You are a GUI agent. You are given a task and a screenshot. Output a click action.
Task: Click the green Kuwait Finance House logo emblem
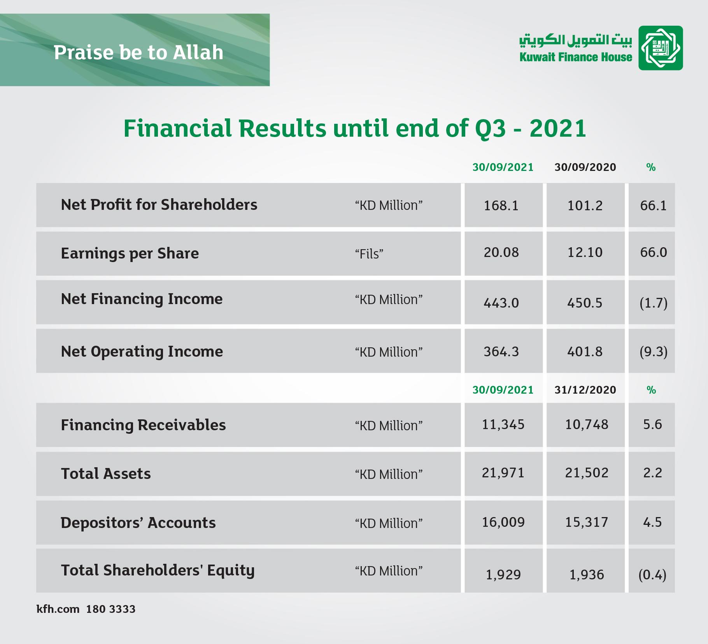coord(661,48)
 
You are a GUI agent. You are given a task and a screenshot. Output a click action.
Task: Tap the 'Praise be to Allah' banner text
coord(138,53)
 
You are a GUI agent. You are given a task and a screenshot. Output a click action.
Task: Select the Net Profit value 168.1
coord(501,206)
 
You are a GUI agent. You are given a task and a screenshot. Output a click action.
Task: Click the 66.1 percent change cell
coord(653,206)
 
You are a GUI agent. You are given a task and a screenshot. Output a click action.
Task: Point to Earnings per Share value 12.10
coord(585,252)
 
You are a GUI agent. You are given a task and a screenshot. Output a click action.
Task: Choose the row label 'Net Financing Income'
coord(142,299)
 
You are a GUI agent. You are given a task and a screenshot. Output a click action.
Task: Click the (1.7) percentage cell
coord(653,303)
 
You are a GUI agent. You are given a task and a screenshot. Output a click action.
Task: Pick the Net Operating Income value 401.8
coord(585,352)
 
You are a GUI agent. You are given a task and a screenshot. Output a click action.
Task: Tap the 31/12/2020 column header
coord(585,390)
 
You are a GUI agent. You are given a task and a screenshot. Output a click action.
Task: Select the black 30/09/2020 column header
coord(585,167)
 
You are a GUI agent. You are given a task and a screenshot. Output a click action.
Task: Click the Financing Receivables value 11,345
coord(503,424)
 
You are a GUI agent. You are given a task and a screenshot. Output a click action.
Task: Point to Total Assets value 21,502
coord(587,473)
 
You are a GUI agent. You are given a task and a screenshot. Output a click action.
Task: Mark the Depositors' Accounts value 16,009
coord(503,522)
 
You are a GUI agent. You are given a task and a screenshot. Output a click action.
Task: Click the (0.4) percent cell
coord(652,575)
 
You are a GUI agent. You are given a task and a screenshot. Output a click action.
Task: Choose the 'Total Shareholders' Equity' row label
coord(158,570)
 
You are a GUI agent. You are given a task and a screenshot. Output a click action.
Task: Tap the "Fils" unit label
coord(369,254)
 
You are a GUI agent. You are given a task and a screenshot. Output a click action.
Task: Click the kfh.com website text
coord(58,609)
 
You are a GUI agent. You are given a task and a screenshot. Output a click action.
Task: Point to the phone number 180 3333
coord(111,609)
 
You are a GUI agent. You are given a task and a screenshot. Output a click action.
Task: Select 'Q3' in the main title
coord(491,128)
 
